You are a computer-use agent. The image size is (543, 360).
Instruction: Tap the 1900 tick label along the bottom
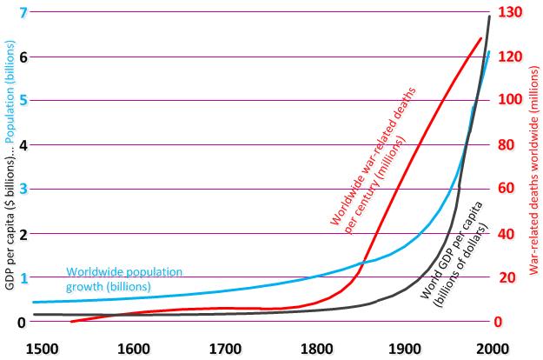(x=402, y=350)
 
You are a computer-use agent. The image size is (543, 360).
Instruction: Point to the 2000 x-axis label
(x=493, y=350)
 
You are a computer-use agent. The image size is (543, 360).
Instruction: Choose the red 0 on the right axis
(x=509, y=322)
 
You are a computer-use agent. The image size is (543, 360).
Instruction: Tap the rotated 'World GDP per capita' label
(x=454, y=253)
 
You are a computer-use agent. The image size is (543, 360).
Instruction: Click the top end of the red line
(x=480, y=38)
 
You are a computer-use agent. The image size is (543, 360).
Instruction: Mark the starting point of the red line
(x=71, y=322)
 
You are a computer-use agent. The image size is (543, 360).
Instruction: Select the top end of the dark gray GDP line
(x=490, y=16)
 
